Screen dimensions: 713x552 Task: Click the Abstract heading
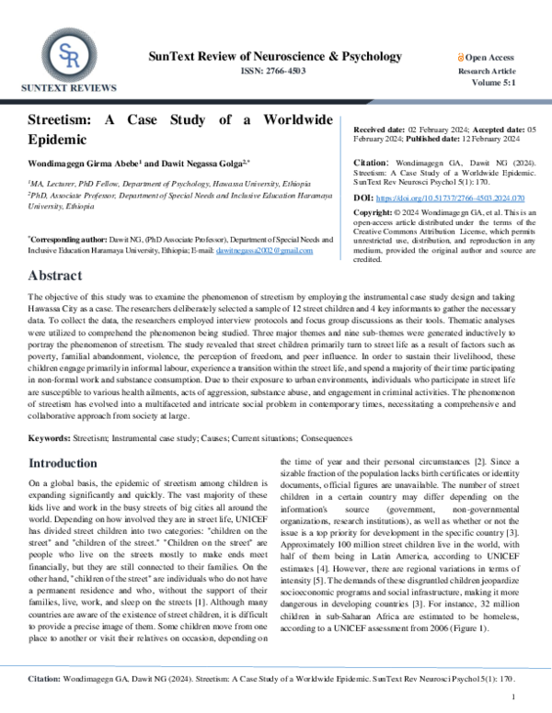pos(60,276)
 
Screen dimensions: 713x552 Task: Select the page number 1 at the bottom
pos(512,697)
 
